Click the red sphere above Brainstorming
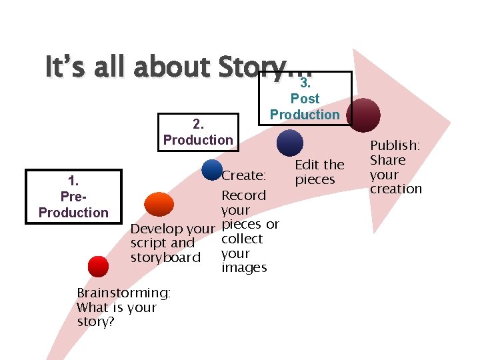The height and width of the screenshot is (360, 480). click(x=98, y=267)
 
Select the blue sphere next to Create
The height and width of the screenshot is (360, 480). click(x=211, y=169)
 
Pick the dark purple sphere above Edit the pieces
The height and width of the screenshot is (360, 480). click(x=289, y=143)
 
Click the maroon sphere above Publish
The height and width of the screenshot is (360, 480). click(x=365, y=113)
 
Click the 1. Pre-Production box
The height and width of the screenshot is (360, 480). click(x=73, y=196)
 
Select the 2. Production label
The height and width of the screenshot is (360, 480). click(x=198, y=131)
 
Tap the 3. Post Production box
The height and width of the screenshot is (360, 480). click(x=305, y=99)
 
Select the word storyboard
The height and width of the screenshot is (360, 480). click(x=165, y=257)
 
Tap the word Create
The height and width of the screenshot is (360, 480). click(x=244, y=176)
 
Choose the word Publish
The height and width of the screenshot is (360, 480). click(x=395, y=145)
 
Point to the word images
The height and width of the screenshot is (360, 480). click(x=244, y=268)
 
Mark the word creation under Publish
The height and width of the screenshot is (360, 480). click(x=396, y=189)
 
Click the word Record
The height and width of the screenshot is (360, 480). click(x=243, y=195)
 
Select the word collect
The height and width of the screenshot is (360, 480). click(x=242, y=239)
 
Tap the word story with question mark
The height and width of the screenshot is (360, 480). click(x=95, y=322)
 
